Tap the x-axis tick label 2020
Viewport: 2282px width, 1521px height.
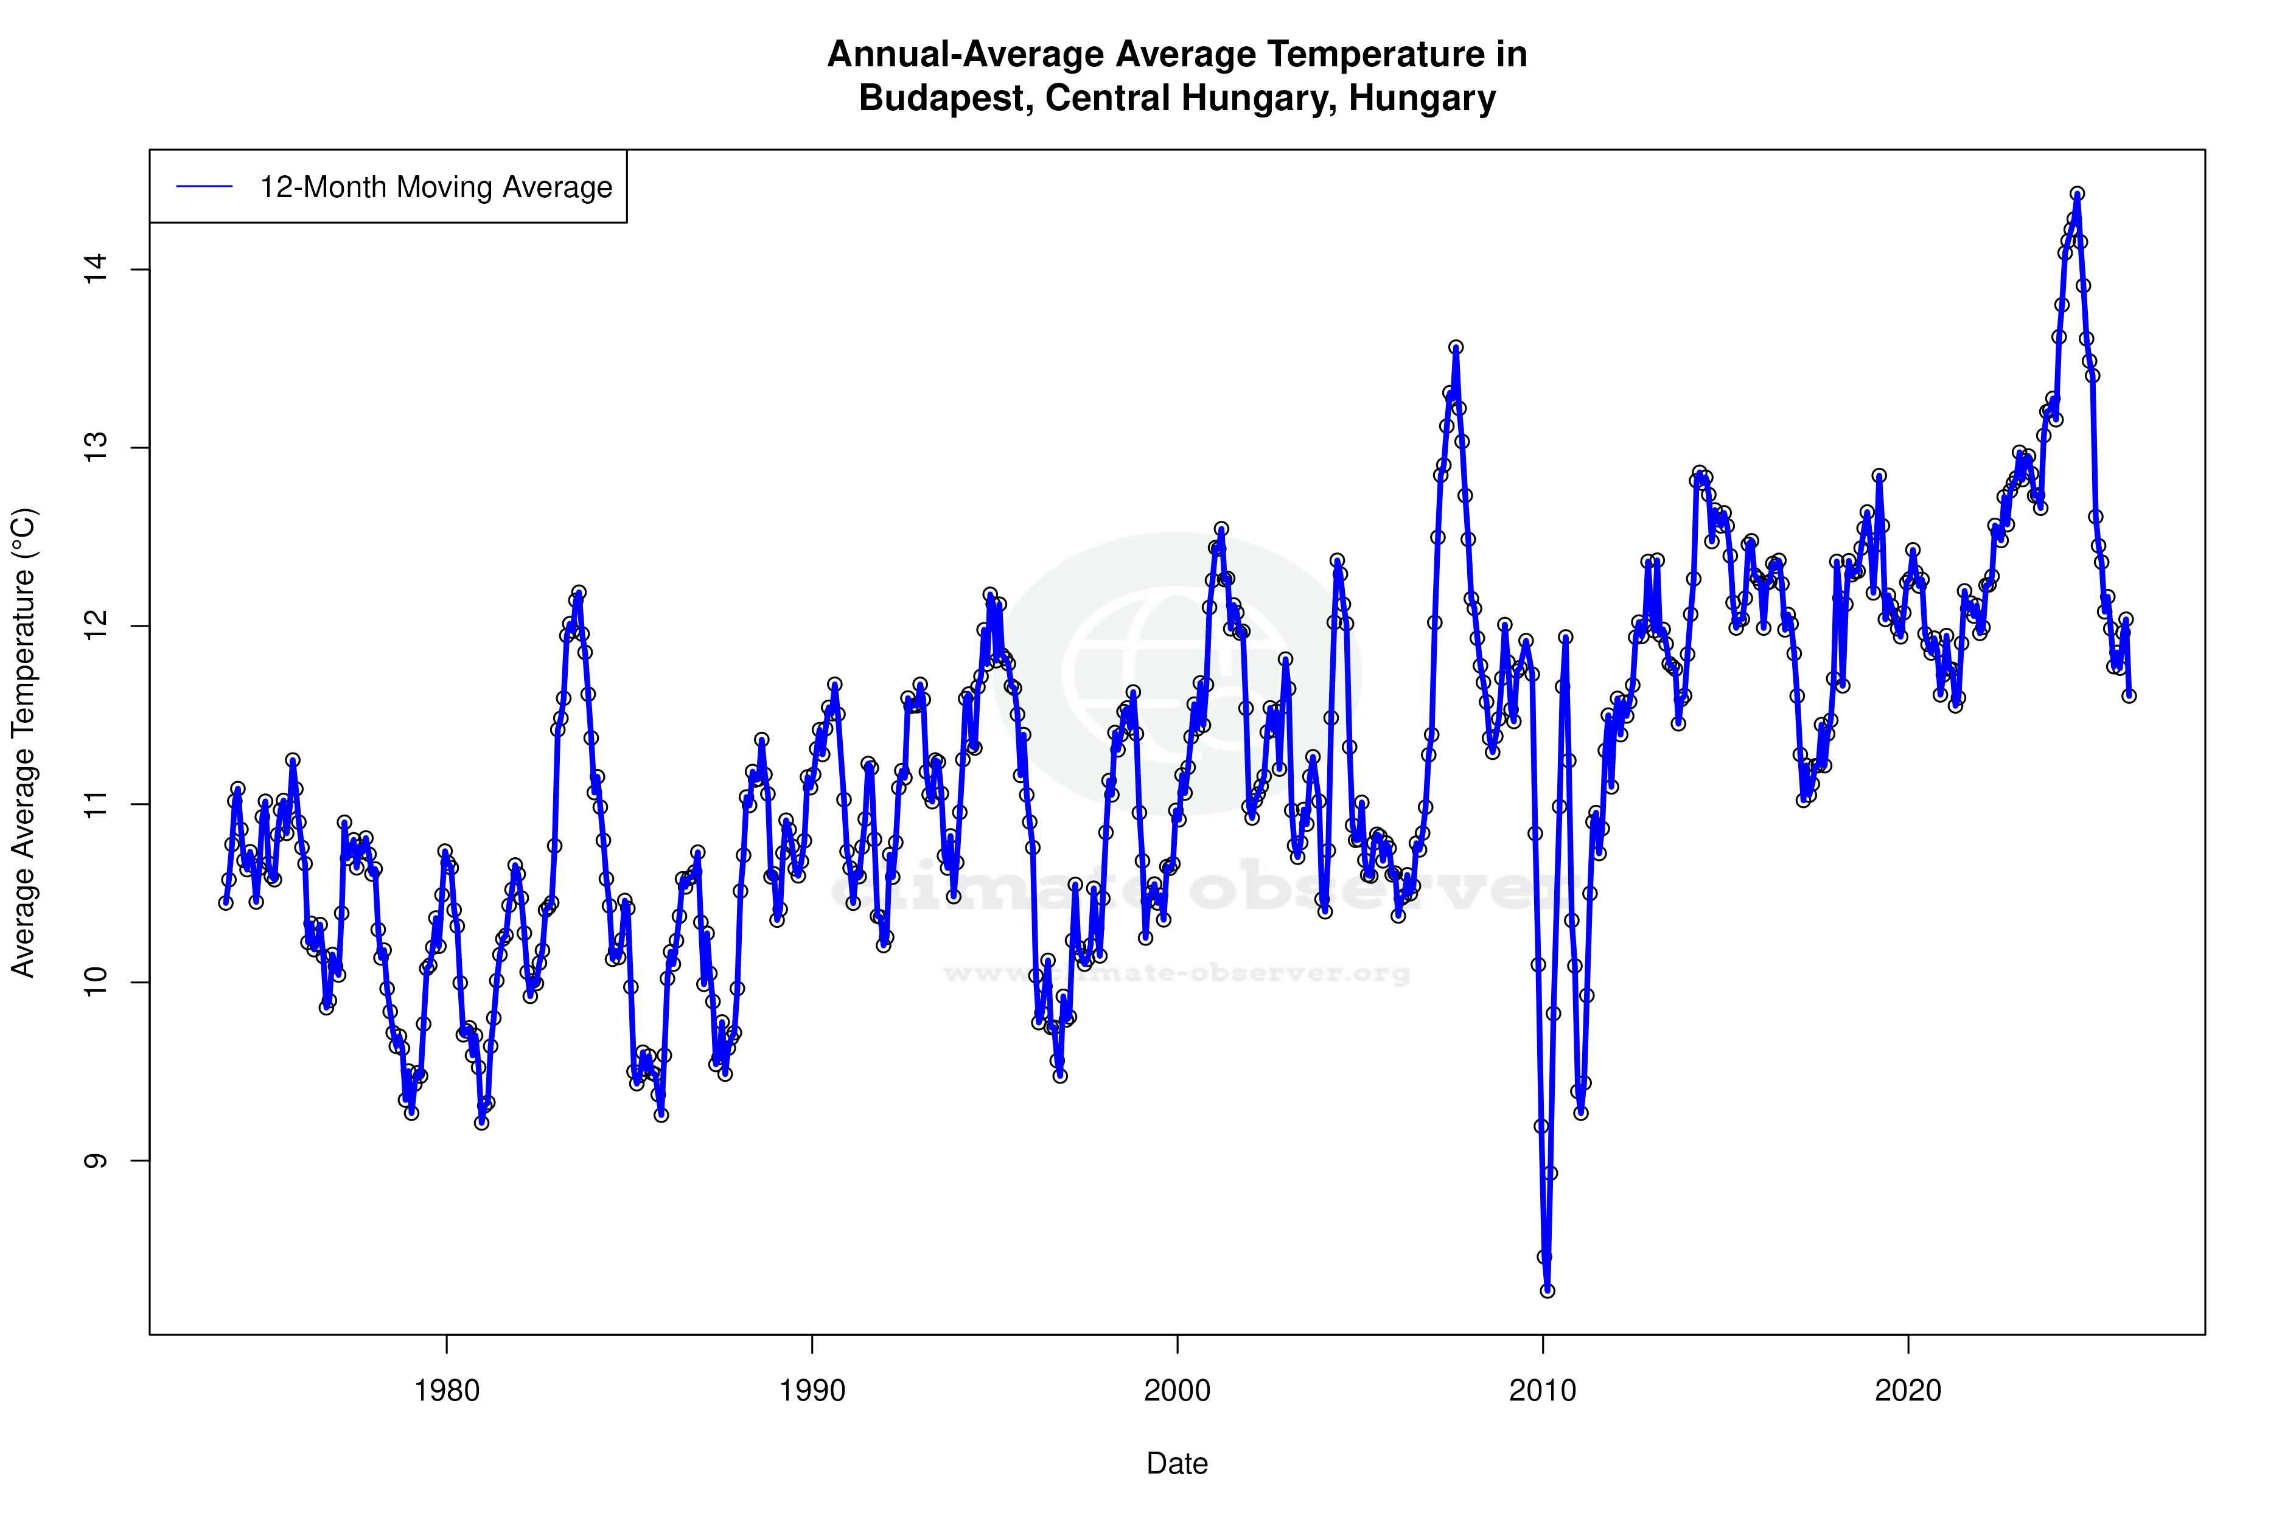tap(1908, 1391)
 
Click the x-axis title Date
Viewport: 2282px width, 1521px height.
tap(1177, 1464)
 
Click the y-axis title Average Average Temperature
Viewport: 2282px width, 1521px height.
tap(23, 742)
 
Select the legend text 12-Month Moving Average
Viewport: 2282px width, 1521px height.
tap(436, 187)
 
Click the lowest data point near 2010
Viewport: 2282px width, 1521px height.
tap(1548, 1290)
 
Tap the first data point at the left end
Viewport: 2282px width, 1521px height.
tap(226, 902)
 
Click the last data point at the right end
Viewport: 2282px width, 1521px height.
tap(2129, 695)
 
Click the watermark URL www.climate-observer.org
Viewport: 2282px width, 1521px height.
tap(1177, 973)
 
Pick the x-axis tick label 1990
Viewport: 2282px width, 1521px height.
tap(812, 1391)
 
